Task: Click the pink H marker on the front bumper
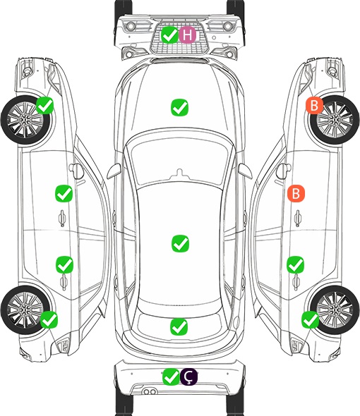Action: tap(187, 35)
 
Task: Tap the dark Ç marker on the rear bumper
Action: tap(188, 377)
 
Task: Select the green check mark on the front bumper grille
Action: tap(169, 35)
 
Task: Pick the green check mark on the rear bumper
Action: tap(171, 377)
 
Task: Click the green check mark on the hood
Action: tap(179, 107)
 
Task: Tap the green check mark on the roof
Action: tap(181, 243)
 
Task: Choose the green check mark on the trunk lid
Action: tap(179, 326)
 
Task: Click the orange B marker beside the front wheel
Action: tap(314, 105)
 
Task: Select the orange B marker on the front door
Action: tap(296, 193)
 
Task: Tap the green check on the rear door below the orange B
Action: tap(296, 264)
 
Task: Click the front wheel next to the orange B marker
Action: tap(335, 120)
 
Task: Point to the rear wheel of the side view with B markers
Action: tap(335, 310)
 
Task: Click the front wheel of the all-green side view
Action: tap(25, 120)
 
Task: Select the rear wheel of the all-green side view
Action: tap(25, 310)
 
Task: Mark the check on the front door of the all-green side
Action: tap(64, 193)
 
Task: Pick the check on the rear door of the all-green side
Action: tap(64, 264)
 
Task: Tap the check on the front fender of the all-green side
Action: tap(44, 105)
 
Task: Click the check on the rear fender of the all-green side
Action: tap(49, 319)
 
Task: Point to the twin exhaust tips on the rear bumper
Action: tap(150, 391)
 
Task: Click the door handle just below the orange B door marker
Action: tap(298, 218)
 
